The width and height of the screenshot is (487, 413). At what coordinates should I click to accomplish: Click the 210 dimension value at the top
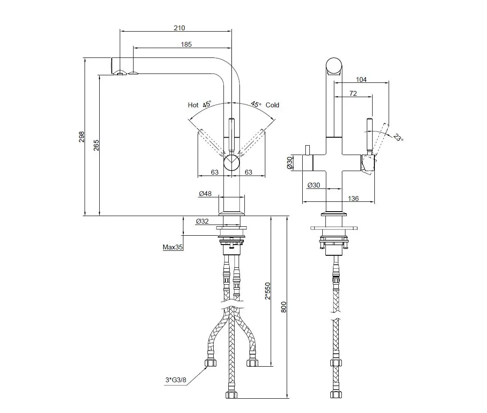click(x=179, y=28)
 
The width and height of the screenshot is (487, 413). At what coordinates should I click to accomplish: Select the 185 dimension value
click(x=187, y=44)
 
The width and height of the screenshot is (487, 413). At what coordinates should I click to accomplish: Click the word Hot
click(x=193, y=105)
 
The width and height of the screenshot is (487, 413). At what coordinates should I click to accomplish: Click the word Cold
click(x=272, y=105)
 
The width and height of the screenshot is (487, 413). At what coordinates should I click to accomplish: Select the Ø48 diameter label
click(x=205, y=193)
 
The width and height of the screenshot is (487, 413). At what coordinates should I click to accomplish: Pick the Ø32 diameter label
click(x=203, y=221)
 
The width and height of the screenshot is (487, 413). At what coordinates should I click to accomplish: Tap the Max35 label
click(x=173, y=247)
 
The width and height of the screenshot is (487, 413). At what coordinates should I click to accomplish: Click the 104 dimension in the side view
click(x=361, y=80)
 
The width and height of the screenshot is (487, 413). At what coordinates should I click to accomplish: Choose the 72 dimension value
click(x=353, y=94)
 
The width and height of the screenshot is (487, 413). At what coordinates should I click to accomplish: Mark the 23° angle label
click(x=398, y=138)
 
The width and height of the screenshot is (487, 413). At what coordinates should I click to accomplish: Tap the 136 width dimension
click(x=353, y=199)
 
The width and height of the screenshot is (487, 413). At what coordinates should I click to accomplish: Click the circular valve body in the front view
click(x=231, y=163)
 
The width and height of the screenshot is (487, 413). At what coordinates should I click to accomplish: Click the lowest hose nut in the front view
click(x=232, y=395)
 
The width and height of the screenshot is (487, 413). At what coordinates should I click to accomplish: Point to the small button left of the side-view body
click(x=307, y=149)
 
